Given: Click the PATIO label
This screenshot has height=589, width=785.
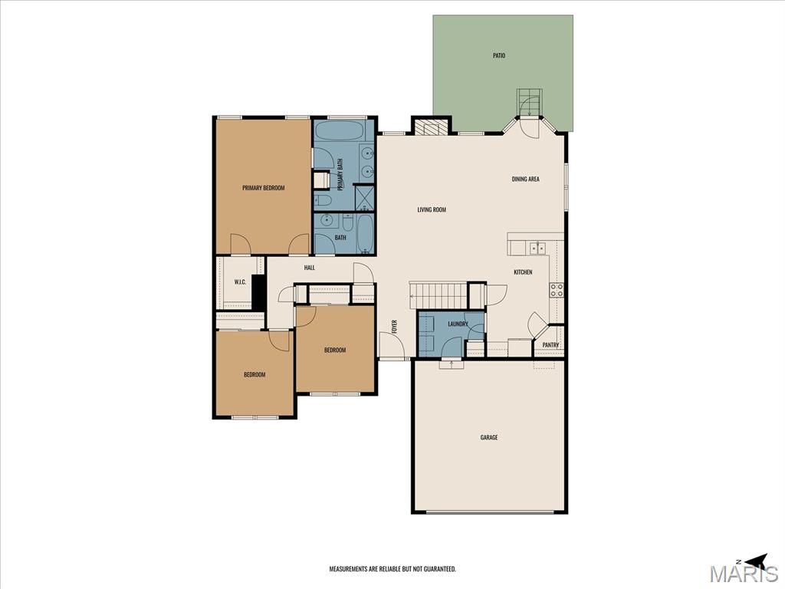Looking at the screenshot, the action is pyautogui.click(x=498, y=55).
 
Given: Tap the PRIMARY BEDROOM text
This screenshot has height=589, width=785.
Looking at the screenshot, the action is pyautogui.click(x=264, y=188).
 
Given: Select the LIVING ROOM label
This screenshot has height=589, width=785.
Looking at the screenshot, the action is pyautogui.click(x=432, y=210).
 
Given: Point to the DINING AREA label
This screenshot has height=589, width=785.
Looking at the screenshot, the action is pyautogui.click(x=526, y=179).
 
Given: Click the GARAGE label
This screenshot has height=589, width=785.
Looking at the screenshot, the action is pyautogui.click(x=489, y=437).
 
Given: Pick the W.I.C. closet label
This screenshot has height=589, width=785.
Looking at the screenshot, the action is pyautogui.click(x=240, y=282).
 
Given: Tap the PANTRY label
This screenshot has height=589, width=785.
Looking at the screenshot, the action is pyautogui.click(x=550, y=345).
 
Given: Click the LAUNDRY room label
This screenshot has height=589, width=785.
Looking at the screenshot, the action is pyautogui.click(x=458, y=324).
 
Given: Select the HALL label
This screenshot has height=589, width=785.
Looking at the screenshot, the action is pyautogui.click(x=310, y=268).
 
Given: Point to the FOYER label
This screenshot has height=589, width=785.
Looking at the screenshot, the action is pyautogui.click(x=395, y=327).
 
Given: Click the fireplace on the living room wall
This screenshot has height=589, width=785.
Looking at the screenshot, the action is pyautogui.click(x=431, y=127).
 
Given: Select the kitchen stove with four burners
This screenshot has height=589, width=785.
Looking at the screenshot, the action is pyautogui.click(x=557, y=290).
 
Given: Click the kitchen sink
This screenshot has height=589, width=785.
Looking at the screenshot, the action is pyautogui.click(x=538, y=248).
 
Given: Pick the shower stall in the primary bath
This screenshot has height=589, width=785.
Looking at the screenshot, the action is pyautogui.click(x=364, y=198).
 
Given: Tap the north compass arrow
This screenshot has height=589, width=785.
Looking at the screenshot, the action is pyautogui.click(x=756, y=560).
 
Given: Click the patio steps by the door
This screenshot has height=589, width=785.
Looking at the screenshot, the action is pyautogui.click(x=530, y=102).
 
